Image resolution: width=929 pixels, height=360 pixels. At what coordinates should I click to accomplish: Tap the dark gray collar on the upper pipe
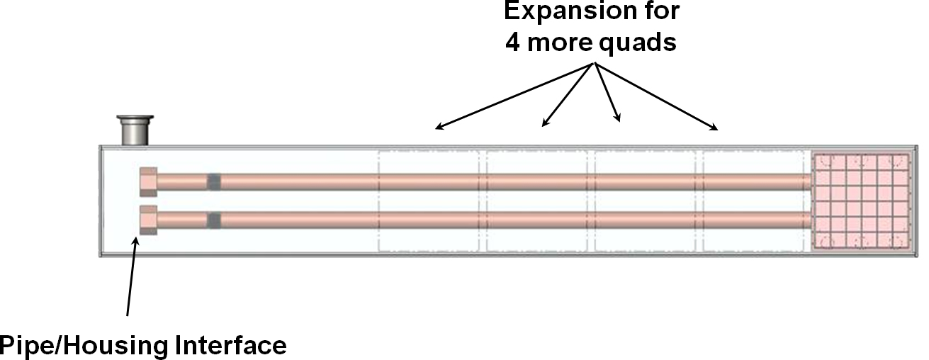213,182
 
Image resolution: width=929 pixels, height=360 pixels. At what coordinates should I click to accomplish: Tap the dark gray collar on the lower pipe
213,220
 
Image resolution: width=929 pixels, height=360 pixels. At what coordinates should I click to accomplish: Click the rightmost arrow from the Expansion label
658,96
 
